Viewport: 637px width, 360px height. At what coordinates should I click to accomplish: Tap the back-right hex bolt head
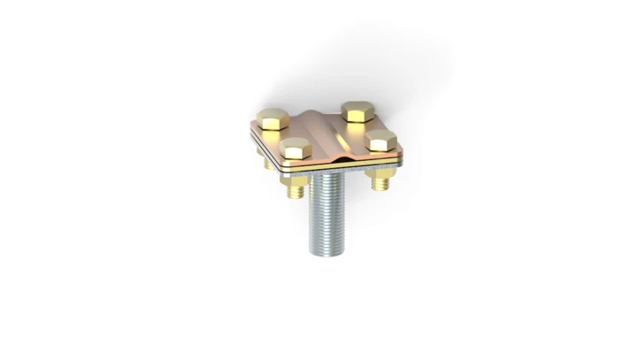357,111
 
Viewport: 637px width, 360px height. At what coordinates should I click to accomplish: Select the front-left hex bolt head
295,148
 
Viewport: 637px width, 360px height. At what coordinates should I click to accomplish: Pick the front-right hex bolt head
380,140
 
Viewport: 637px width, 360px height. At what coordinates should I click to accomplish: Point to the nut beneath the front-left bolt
295,179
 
